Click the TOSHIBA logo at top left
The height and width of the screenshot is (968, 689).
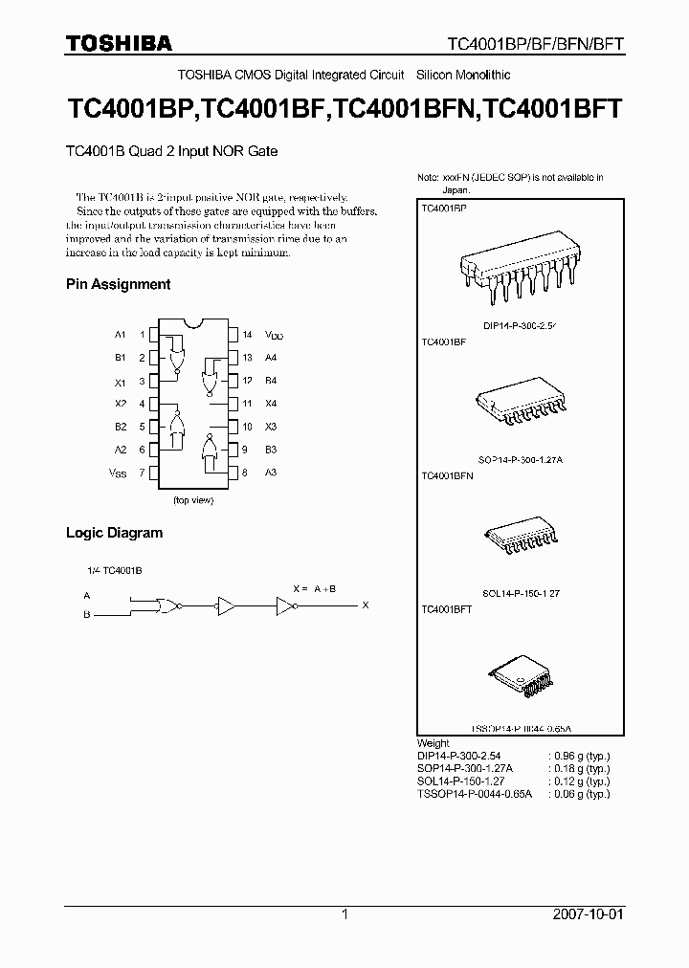[x=119, y=43]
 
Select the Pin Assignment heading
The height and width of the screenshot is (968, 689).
[x=118, y=284]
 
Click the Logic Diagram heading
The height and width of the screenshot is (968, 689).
[x=114, y=533]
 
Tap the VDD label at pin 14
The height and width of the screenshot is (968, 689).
[x=275, y=335]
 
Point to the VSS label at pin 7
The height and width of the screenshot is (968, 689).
[x=118, y=473]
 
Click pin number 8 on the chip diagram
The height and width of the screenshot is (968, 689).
[x=246, y=473]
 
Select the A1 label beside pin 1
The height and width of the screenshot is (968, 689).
[x=120, y=335]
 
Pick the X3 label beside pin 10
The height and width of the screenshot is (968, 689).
[x=271, y=427]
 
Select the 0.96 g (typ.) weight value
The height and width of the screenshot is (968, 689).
[x=583, y=756]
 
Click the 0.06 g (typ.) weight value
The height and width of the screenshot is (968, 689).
[x=583, y=793]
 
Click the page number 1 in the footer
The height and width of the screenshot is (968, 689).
[x=344, y=914]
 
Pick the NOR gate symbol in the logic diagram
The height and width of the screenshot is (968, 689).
[x=167, y=605]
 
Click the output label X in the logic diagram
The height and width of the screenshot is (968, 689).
[x=364, y=605]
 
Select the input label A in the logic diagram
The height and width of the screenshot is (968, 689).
[x=87, y=595]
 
